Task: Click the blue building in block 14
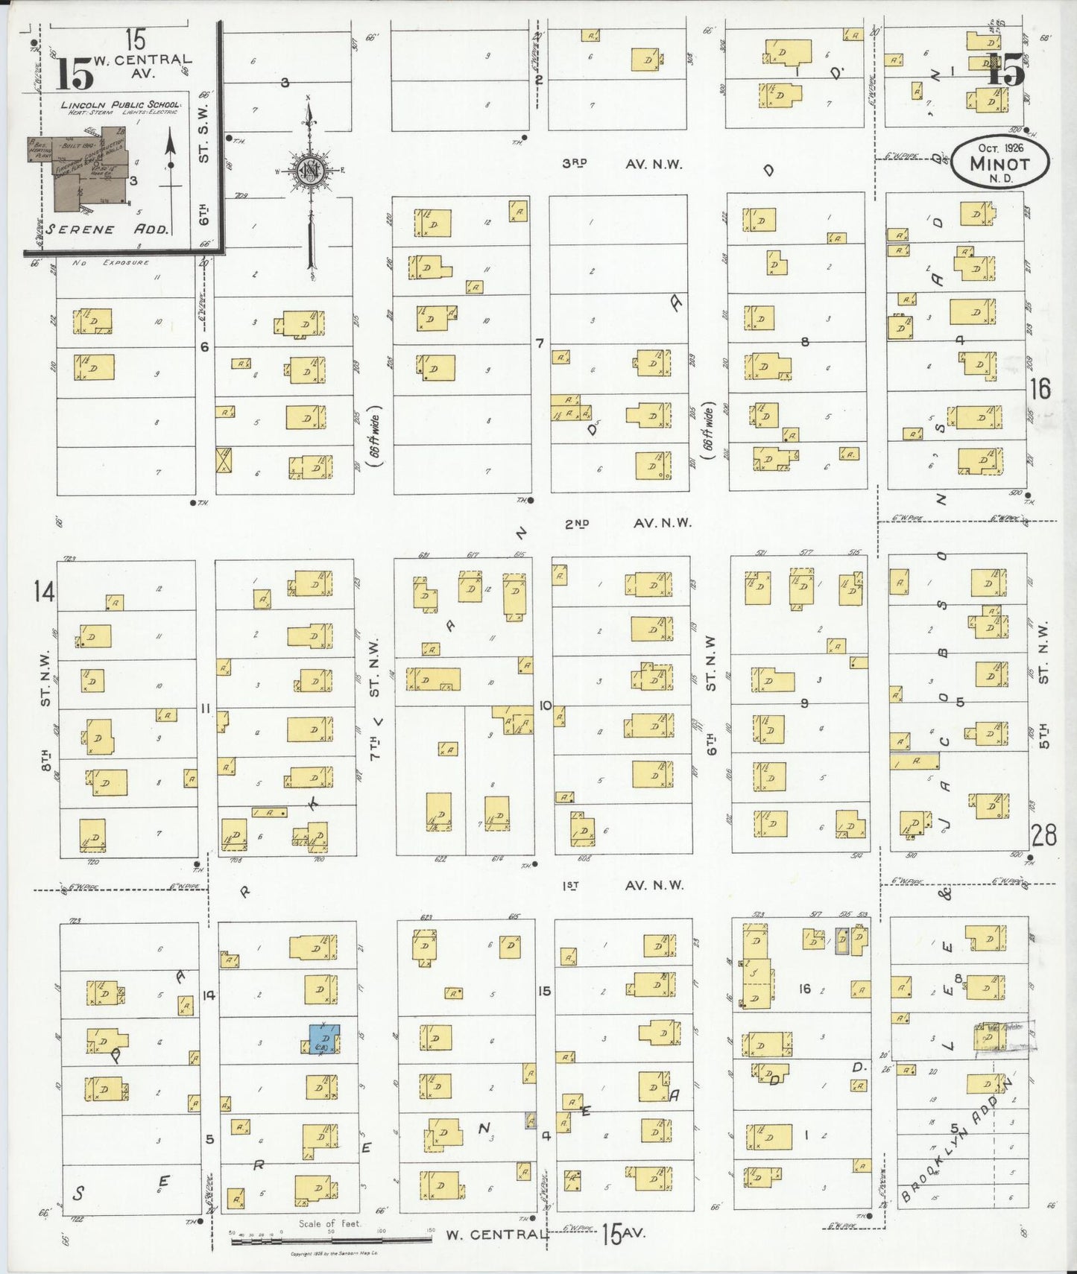pos(325,1039)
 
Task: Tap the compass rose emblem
pos(311,171)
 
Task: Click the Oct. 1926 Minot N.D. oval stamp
pos(999,161)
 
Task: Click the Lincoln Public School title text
pos(120,105)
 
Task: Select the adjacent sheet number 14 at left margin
pos(44,592)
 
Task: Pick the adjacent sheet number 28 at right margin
pos(1043,836)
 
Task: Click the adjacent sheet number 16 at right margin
pos(1040,388)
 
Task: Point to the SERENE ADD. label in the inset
pos(107,229)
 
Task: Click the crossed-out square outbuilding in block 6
pos(224,460)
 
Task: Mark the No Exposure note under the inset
pos(110,263)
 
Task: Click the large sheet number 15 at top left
pos(75,73)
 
